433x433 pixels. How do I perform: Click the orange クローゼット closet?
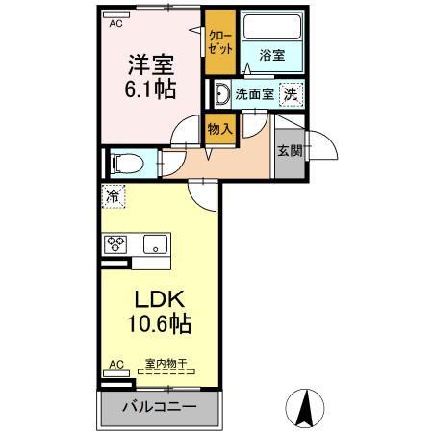coord(218,41)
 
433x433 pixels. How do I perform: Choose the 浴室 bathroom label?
coord(271,56)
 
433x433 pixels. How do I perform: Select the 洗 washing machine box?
coord(290,94)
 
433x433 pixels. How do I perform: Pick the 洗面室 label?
coord(254,95)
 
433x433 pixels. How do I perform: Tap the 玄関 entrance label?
coord(288,150)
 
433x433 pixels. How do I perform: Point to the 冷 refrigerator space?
coord(113,195)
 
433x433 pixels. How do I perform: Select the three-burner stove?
coord(116,243)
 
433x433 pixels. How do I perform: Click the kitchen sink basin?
coord(155,243)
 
